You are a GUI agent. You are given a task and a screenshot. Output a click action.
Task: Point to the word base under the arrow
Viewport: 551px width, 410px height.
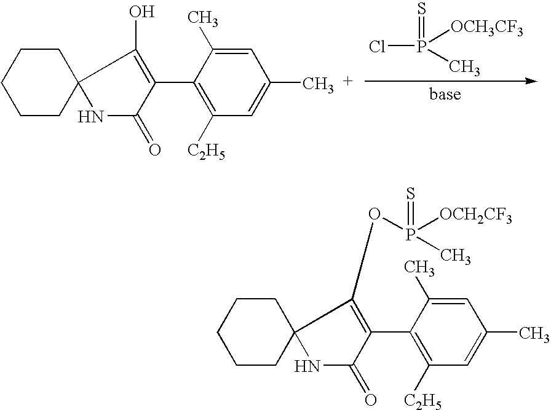click(x=445, y=95)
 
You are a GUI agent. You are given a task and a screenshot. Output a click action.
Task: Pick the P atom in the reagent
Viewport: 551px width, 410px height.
click(x=421, y=47)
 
